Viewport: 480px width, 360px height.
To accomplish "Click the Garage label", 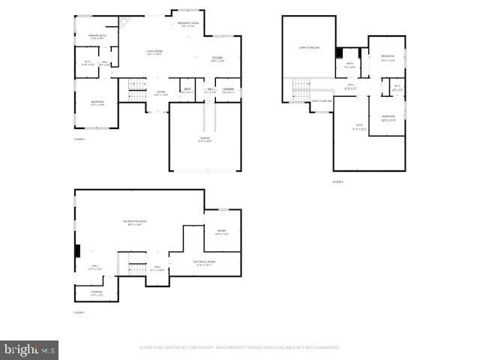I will pos(205,139).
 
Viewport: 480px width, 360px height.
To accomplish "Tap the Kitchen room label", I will pos(217,58).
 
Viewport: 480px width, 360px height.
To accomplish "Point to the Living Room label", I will pos(154,52).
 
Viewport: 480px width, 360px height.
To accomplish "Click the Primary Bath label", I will pos(97,37).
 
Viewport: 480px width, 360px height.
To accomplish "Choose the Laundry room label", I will pos(228,90).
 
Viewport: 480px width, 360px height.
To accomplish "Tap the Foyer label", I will pos(160,93).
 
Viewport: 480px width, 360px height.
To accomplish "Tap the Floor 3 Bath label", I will pos(349,64).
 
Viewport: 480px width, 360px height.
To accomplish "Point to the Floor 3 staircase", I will pos(301,89).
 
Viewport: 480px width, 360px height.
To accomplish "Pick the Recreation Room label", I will pos(135,223).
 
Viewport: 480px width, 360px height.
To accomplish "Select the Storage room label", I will pos(97,293).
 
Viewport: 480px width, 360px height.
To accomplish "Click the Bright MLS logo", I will pos(29,349).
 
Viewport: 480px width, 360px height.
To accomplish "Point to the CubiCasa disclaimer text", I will pos(240,347).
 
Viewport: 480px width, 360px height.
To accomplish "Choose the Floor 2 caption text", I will pos(79,139).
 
